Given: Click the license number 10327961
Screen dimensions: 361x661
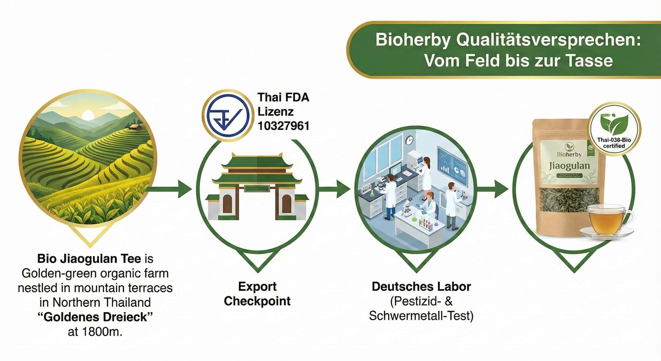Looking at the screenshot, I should pos(283,126).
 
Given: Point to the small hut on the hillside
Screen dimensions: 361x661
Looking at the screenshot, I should pos(135,127).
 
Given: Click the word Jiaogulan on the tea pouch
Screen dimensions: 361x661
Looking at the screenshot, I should pos(569,166).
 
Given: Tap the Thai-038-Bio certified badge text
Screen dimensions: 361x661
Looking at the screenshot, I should pos(614,143).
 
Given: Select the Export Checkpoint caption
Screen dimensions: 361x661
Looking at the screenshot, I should pos(257,294).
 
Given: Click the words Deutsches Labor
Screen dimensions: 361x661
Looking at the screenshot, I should pos(421,286).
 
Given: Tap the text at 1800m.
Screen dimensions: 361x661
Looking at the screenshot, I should pos(95,332).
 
